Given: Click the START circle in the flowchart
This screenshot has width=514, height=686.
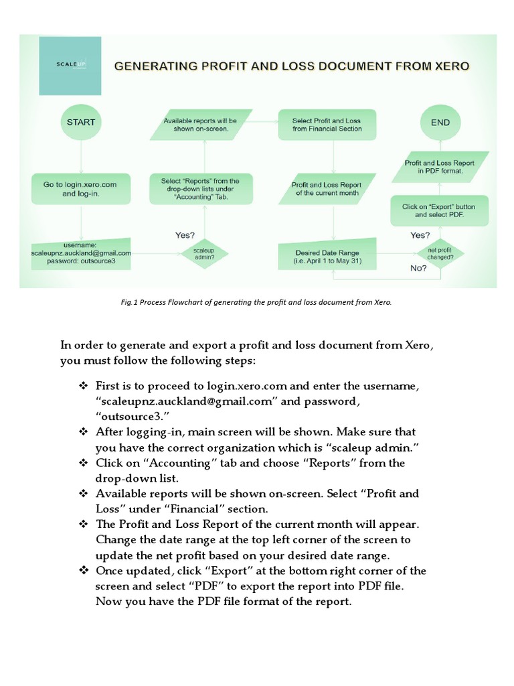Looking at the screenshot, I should point(81,123).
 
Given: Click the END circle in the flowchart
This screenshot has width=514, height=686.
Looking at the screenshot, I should point(440,123).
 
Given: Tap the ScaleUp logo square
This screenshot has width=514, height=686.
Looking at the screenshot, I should point(70,66).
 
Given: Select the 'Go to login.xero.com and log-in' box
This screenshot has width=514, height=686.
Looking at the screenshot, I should point(80,189).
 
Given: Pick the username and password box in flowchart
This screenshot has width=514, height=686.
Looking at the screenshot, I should point(81,254).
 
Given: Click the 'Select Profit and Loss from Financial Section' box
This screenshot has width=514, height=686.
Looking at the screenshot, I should point(327,125).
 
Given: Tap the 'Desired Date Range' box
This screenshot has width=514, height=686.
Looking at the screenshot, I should point(328,257).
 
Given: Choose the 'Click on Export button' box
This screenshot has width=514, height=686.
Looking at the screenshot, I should point(439,211).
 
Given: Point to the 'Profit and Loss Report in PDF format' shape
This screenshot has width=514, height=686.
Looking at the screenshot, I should point(440,167).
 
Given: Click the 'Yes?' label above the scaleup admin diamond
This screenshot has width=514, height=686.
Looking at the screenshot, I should point(185,235).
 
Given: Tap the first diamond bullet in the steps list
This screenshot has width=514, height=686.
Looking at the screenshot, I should point(84,387).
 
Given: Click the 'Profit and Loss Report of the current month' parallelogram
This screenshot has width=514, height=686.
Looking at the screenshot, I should point(327,189).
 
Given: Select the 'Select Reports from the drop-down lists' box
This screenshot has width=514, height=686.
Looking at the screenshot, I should point(200,189).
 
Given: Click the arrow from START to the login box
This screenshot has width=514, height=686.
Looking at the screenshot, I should point(81,157).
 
